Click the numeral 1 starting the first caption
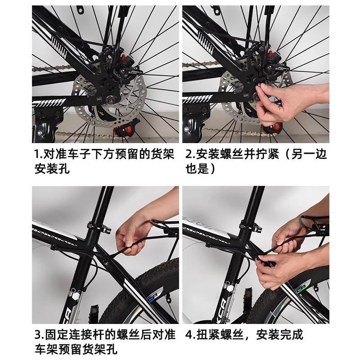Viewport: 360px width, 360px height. (x=37, y=154)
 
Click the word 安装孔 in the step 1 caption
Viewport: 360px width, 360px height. (x=52, y=169)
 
